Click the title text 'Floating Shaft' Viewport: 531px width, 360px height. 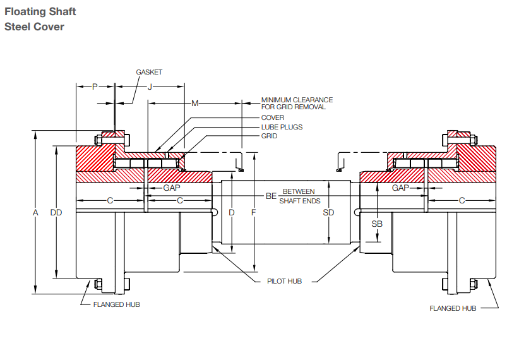click(40, 12)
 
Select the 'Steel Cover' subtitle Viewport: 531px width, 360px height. click(34, 27)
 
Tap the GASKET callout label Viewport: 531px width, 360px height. click(149, 72)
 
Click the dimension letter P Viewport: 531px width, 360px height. click(95, 87)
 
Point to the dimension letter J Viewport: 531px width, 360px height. click(150, 87)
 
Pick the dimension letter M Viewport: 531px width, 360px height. click(194, 103)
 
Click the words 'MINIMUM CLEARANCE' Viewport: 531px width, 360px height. click(297, 100)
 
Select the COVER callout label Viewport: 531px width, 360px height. click(273, 117)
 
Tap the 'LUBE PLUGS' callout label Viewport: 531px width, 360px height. click(282, 127)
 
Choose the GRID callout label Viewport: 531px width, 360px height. click(269, 136)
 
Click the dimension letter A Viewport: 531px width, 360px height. click(36, 213)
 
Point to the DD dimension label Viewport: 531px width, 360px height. click(56, 213)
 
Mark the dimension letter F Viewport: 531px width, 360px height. click(253, 213)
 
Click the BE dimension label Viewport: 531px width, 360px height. click(271, 196)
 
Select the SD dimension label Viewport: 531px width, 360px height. click(328, 213)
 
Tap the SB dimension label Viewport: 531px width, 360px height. click(377, 224)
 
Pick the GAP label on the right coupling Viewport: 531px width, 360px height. click(400, 188)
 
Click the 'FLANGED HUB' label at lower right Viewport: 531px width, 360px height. click(453, 308)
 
